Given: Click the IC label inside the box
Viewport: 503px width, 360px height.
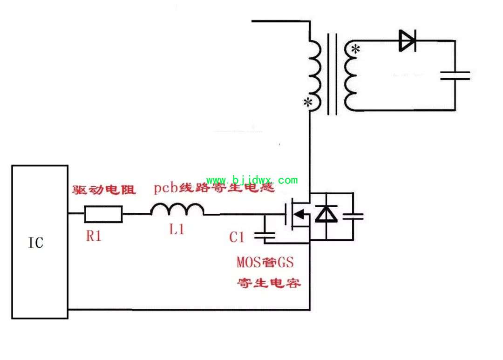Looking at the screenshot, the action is tap(35, 243).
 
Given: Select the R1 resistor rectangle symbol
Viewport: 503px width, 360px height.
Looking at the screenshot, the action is tap(103, 214).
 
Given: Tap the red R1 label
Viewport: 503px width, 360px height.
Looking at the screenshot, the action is tap(94, 236).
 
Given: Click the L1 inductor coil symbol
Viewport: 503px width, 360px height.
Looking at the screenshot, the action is tap(177, 210).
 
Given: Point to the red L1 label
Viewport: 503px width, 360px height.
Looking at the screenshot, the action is tap(177, 230).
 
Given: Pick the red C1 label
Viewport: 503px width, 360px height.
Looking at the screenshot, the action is tap(237, 238).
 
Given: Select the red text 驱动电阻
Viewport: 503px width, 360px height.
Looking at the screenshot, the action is tap(104, 190).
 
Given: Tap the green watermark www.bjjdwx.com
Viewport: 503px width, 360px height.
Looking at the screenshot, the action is tap(252, 180).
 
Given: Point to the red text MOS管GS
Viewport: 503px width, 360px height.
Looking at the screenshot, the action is tap(265, 263).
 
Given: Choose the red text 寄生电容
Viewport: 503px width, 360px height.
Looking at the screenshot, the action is tap(269, 283).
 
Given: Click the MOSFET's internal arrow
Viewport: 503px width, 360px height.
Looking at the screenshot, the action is tap(299, 214).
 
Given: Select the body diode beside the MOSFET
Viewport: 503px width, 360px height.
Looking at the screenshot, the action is tap(326, 214).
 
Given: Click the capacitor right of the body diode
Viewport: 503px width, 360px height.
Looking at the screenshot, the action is tap(353, 216).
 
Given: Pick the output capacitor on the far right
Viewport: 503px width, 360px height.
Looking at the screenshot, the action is tap(455, 76).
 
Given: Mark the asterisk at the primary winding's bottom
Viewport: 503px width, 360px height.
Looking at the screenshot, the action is tap(308, 102).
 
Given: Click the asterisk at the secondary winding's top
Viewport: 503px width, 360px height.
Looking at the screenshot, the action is tap(355, 49).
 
